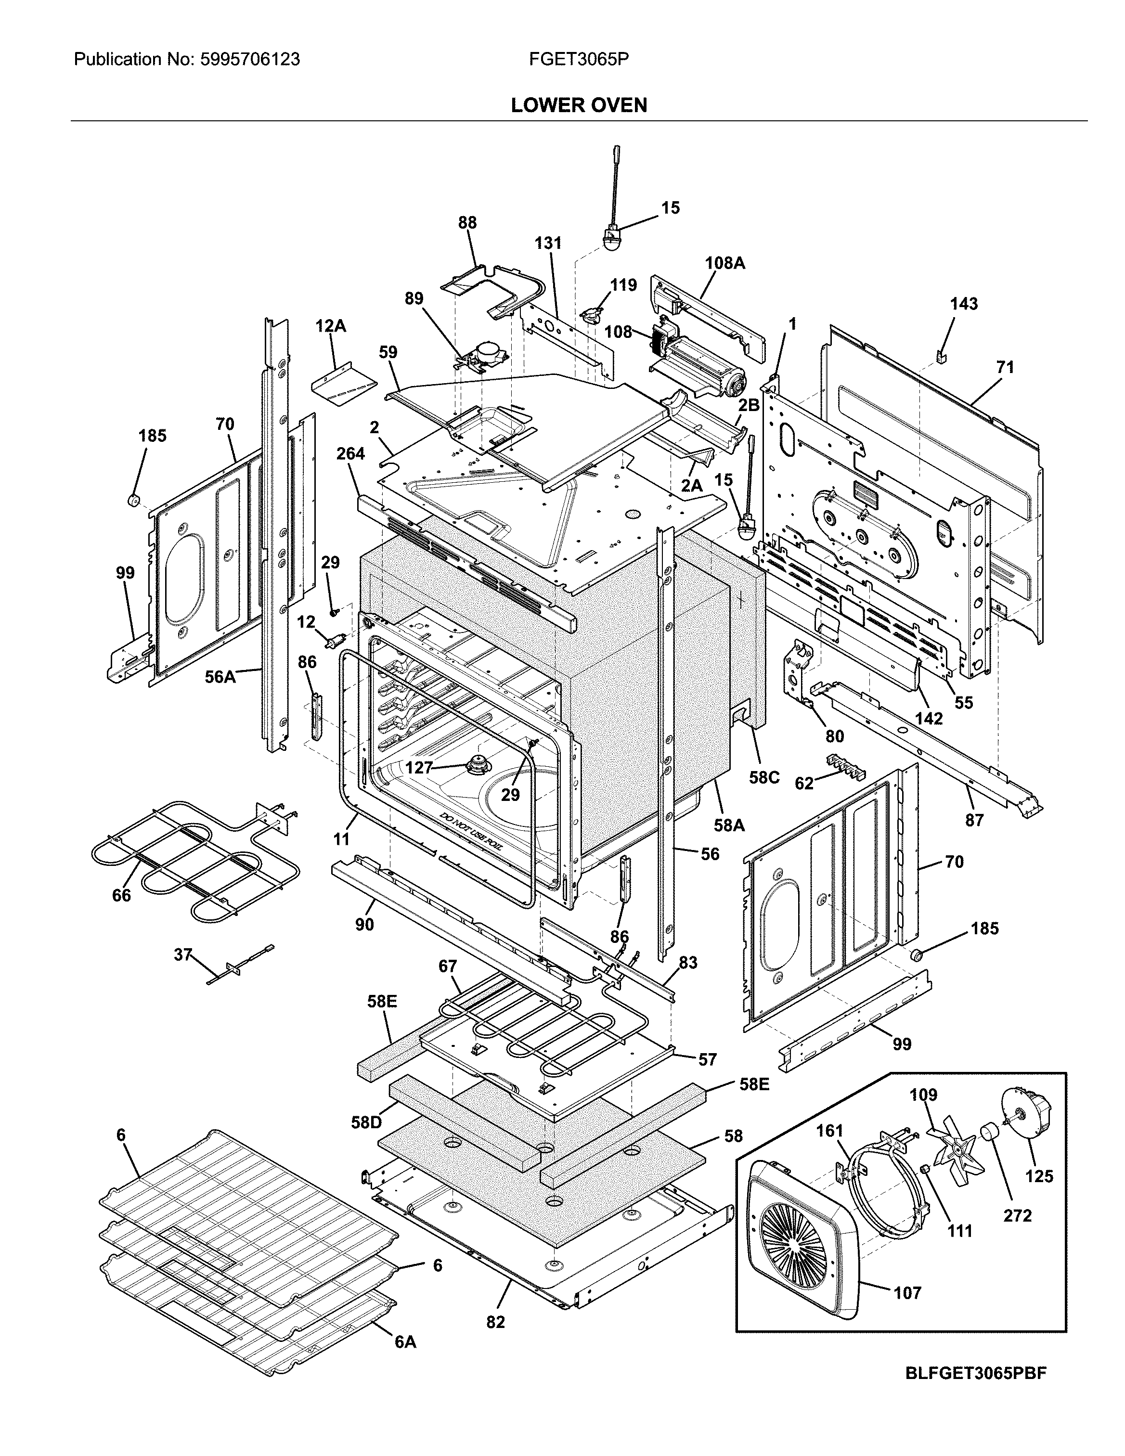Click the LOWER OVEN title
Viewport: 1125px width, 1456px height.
point(578,105)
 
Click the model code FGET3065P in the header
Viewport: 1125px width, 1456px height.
point(578,60)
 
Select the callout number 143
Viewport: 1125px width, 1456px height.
point(964,304)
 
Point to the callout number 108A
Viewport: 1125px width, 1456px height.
point(725,263)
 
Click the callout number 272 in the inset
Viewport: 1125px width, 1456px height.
point(1018,1215)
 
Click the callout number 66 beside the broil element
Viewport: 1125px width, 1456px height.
point(121,895)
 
